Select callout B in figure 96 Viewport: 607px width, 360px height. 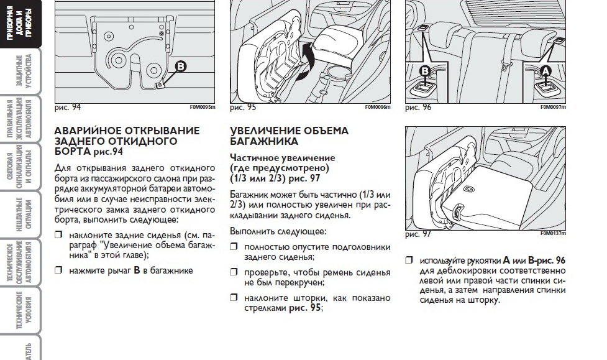(426, 71)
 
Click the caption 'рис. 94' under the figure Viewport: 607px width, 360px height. (68, 108)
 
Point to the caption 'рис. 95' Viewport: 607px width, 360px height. (243, 108)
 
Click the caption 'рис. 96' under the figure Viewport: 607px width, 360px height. (418, 108)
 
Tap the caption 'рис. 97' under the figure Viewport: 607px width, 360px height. (418, 234)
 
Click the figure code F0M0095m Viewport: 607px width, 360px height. (203, 108)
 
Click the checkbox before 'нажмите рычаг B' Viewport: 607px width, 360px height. (59, 270)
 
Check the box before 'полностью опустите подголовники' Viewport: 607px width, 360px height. (234, 247)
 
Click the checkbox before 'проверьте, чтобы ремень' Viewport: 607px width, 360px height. (234, 272)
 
